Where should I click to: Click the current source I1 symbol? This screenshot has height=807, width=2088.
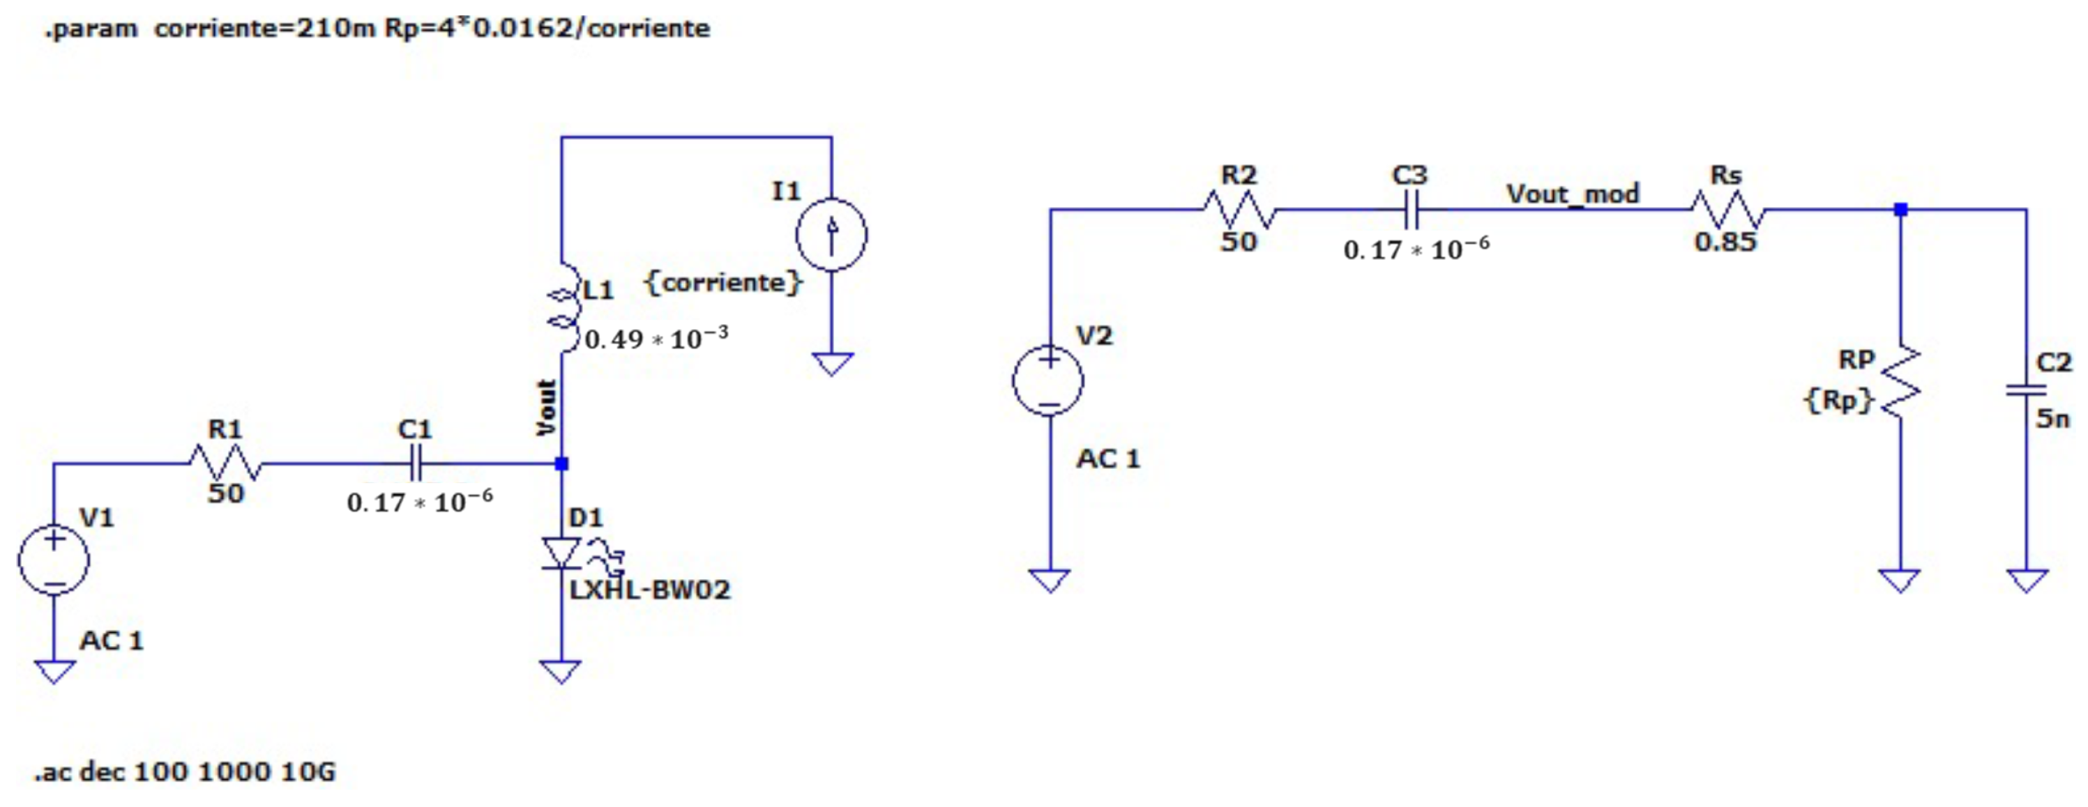pos(831,235)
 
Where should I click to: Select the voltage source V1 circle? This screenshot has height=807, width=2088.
pos(54,559)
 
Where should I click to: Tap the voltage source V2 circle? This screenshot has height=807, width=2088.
pos(1048,381)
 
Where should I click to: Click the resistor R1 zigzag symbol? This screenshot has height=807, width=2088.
pos(225,463)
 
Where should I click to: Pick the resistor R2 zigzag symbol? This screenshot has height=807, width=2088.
pos(1239,210)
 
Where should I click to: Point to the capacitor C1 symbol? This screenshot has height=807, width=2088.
pos(416,463)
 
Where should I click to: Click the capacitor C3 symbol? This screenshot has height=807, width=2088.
pos(1412,210)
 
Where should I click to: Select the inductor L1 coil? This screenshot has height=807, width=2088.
pos(565,308)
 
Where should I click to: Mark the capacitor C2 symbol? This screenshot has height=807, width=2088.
pos(2026,390)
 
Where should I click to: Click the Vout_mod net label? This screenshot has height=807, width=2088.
pos(1573,194)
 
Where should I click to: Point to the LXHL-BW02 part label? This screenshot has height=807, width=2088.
pos(649,589)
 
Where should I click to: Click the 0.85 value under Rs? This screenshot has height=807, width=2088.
pos(1725,241)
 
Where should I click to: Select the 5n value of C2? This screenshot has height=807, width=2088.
pos(2052,418)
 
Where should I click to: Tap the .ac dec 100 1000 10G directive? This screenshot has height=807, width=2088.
pos(185,771)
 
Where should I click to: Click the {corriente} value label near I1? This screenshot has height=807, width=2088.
pos(723,283)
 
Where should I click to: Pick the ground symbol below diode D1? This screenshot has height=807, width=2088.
pos(561,671)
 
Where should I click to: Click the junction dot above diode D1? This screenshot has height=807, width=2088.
pos(561,463)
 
